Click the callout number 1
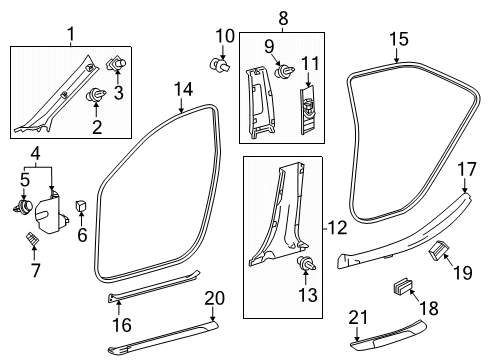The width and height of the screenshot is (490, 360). (x=70, y=35)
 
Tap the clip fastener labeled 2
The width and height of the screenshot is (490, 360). (x=99, y=96)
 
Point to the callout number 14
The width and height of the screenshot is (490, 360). (x=182, y=90)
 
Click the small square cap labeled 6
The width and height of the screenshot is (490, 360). (x=82, y=207)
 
